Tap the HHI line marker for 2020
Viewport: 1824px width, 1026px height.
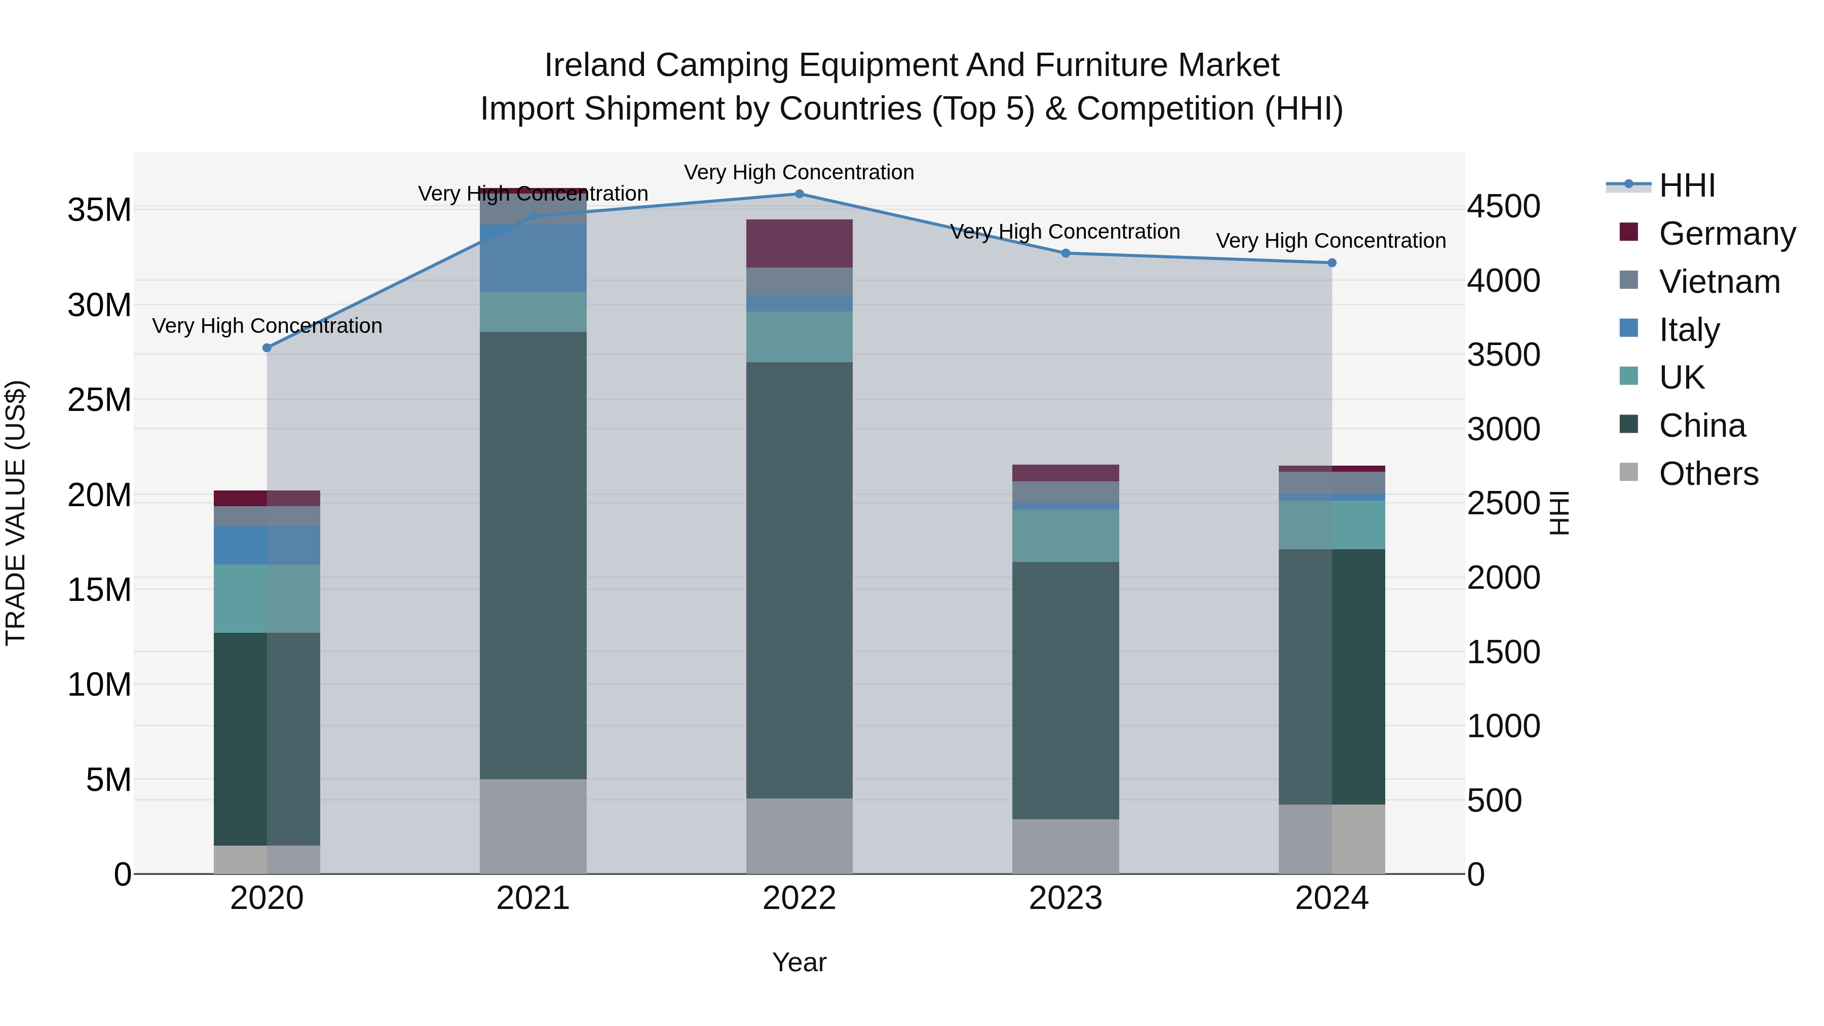(x=267, y=348)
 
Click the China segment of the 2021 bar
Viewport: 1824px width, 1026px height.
(x=533, y=555)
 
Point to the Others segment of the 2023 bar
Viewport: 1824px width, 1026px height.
(x=1065, y=846)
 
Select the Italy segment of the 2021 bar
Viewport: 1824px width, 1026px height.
(x=533, y=258)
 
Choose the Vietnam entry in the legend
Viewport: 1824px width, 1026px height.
(x=1719, y=282)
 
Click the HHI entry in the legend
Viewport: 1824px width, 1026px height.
(x=1687, y=185)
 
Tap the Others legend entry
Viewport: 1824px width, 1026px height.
(x=1708, y=474)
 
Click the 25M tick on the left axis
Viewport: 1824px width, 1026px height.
(x=99, y=400)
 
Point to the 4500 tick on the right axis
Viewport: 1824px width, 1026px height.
(x=1503, y=207)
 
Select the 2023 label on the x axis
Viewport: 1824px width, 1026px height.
(x=1065, y=898)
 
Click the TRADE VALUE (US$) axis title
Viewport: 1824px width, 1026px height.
(x=16, y=513)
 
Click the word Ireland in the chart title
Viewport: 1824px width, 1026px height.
(x=594, y=65)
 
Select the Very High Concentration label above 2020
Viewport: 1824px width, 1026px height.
(x=267, y=326)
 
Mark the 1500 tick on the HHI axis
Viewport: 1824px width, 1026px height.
(x=1503, y=652)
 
